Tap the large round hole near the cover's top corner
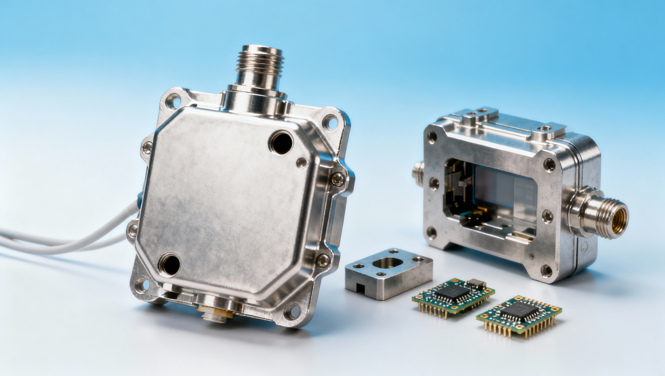[x=281, y=142]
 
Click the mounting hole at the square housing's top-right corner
[x=330, y=121]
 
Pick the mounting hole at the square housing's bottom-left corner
[x=142, y=285]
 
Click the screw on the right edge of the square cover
[x=338, y=179]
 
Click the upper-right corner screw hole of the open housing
[x=549, y=164]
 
